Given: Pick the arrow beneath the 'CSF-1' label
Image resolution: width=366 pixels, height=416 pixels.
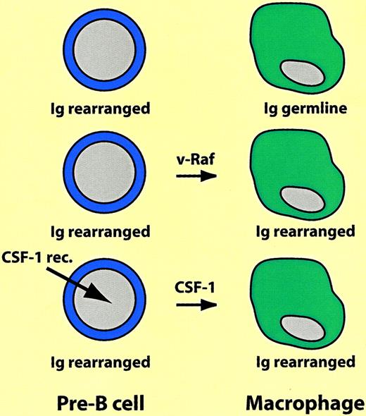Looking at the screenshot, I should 191,306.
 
